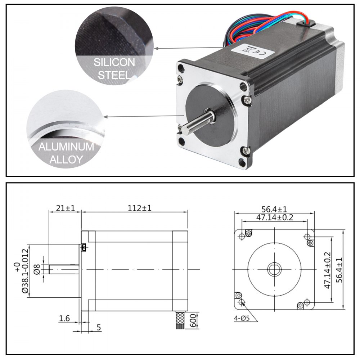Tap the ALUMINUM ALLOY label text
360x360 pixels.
(66, 153)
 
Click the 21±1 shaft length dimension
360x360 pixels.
(65, 208)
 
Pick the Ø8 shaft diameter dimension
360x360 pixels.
(37, 269)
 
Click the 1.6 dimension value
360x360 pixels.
(64, 318)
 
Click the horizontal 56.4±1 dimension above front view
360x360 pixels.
(274, 209)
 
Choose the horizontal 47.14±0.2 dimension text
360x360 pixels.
(274, 217)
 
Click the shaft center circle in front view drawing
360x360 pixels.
(274, 269)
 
